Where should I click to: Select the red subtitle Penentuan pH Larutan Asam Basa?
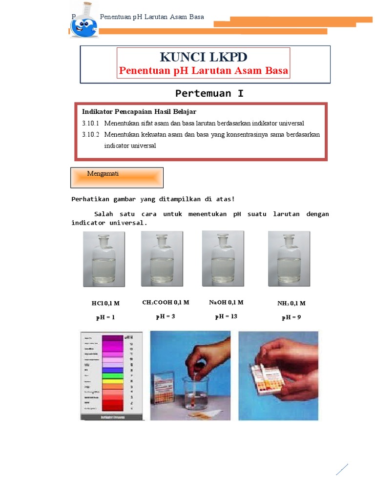[204, 71]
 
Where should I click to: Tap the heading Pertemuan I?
[209, 93]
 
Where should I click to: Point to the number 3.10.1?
[90, 124]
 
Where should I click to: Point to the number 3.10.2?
[90, 134]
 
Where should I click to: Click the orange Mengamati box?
[117, 177]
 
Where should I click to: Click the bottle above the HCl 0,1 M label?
[104, 259]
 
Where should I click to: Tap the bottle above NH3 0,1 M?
[289, 258]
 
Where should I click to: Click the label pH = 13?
[226, 316]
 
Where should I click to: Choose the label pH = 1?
[105, 317]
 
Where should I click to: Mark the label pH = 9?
[291, 317]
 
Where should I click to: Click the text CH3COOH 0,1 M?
[166, 303]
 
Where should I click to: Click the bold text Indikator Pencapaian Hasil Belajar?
[139, 112]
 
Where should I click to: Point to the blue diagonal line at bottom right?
[342, 469]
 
